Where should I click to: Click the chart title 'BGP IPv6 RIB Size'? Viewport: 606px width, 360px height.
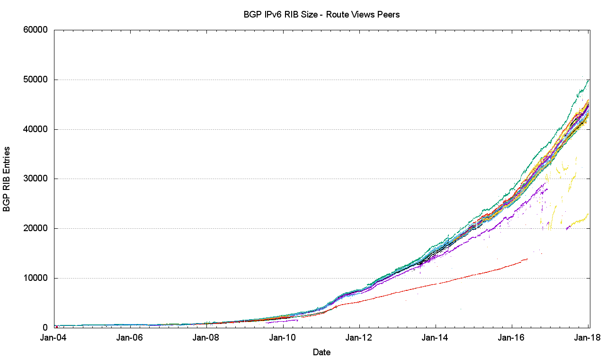321,15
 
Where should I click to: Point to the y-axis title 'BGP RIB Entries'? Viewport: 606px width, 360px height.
7,179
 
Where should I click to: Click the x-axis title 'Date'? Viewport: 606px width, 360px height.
321,352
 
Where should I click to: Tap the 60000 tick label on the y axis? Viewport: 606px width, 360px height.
36,30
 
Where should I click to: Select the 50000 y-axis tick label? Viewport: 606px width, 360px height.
36,80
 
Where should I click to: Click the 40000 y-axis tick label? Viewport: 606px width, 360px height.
36,129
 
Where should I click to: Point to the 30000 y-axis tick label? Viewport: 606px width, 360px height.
36,179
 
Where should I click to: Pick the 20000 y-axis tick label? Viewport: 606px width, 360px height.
36,228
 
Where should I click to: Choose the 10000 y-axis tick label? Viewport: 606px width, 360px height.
36,278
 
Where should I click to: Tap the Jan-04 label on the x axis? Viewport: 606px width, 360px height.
54,338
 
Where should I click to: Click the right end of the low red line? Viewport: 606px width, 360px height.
527,259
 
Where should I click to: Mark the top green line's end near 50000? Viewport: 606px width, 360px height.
588,80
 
